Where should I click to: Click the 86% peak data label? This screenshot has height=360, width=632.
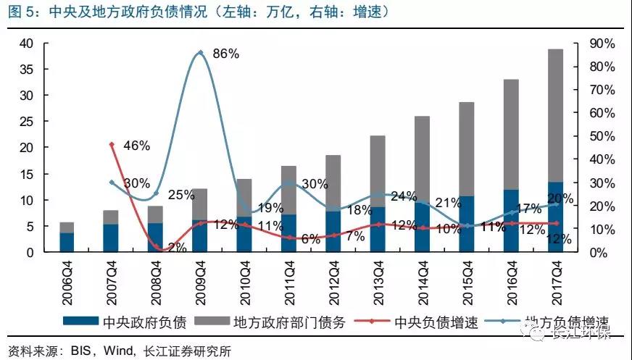pos(225,54)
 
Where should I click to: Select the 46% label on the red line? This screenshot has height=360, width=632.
pos(136,146)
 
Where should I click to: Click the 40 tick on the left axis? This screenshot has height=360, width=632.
pos(28,43)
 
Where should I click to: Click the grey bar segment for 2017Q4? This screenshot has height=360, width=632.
pos(556,116)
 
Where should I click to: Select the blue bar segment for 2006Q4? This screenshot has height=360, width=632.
pos(67,243)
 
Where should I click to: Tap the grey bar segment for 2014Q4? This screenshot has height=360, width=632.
pos(423,159)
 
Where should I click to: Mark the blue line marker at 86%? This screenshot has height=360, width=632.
pos(200,52)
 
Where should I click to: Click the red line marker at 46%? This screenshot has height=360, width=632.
pos(112,144)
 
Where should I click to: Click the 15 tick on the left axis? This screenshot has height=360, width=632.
pos(28,174)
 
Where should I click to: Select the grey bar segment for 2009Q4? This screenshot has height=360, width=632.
pos(200,204)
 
